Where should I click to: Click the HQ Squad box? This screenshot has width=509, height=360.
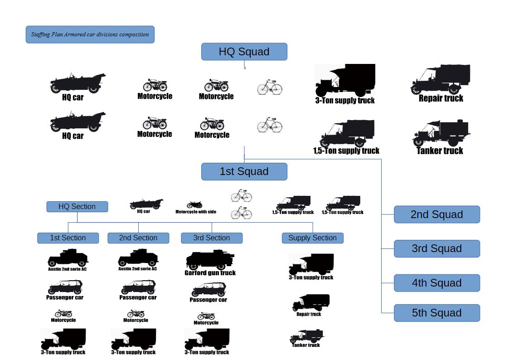[x=244, y=52]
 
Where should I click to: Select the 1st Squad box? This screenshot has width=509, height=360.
[x=244, y=171]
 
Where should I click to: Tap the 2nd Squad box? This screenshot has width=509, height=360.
[x=436, y=214]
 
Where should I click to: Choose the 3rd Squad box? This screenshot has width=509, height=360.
[x=436, y=248]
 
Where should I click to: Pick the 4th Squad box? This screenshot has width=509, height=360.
[x=436, y=283]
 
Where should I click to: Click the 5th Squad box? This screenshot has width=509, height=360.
[x=436, y=313]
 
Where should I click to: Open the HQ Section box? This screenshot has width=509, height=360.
[x=77, y=207]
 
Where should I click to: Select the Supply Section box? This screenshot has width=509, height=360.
[x=312, y=238]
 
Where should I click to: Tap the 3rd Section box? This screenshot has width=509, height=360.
[x=211, y=238]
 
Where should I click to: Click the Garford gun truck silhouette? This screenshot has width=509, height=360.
[x=209, y=260]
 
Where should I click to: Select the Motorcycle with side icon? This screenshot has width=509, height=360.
[x=195, y=205]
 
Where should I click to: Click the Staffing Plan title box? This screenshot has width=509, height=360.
[x=90, y=34]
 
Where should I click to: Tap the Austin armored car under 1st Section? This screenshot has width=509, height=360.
[x=67, y=259]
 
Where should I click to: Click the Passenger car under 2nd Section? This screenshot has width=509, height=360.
[x=138, y=287]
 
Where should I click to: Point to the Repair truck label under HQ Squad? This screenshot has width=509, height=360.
[x=441, y=98]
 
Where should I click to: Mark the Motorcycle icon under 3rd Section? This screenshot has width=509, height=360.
[x=206, y=316]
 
